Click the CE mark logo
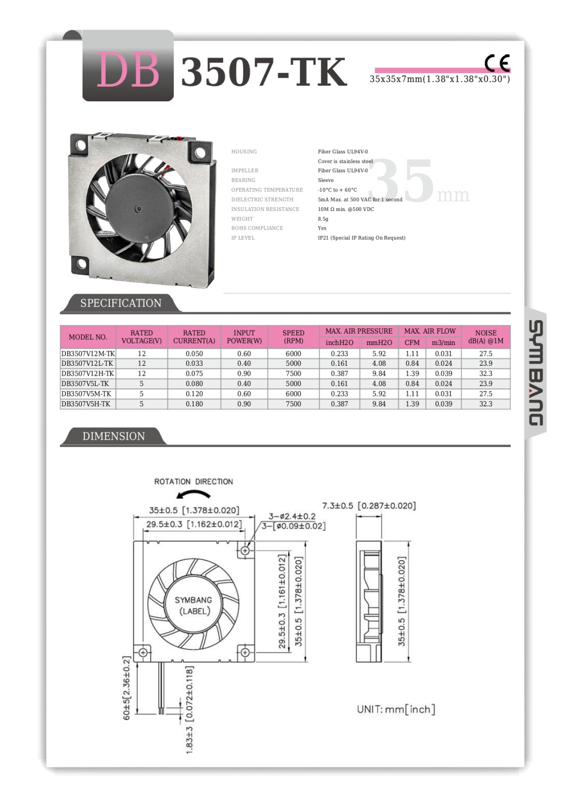tap(497, 63)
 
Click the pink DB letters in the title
tap(128, 70)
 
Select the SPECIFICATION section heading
tap(121, 303)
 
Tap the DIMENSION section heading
tap(113, 436)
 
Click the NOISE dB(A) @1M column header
tap(485, 337)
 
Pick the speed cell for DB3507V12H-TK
tap(293, 374)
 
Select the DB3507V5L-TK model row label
tap(85, 383)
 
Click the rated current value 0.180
tap(194, 404)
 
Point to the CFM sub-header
tap(412, 342)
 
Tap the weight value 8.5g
tap(323, 219)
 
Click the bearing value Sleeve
tap(326, 180)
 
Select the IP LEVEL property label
tap(243, 238)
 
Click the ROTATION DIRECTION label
tap(193, 482)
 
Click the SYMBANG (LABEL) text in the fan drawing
tap(193, 605)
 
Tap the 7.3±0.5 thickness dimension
tap(369, 506)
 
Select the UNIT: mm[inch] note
tap(396, 709)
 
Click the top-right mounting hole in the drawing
tap(245, 550)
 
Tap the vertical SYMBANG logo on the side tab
tap(536, 373)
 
